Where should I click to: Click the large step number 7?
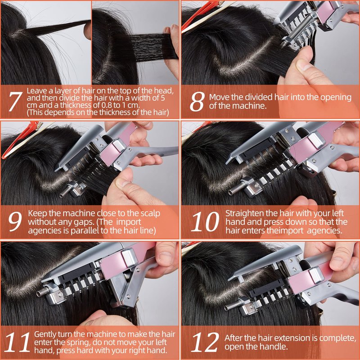pyautogui.click(x=15, y=102)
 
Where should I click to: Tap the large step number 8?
pyautogui.click(x=197, y=102)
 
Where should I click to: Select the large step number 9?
pyautogui.click(x=15, y=221)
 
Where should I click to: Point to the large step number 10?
pyautogui.click(x=205, y=221)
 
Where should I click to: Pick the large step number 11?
pyautogui.click(x=17, y=342)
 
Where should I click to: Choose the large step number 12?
pyautogui.click(x=205, y=342)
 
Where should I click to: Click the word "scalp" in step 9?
pyautogui.click(x=150, y=214)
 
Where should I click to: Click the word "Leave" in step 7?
pyautogui.click(x=37, y=91)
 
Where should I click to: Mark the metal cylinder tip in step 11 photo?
pyautogui.click(x=41, y=293)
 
